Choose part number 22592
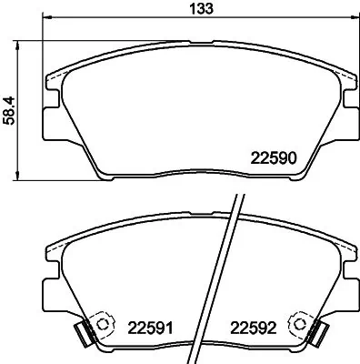[253, 328]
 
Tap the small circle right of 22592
[297, 324]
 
